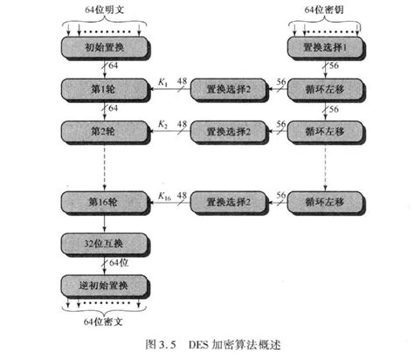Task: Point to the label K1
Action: coord(163,82)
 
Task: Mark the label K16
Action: coord(165,196)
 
